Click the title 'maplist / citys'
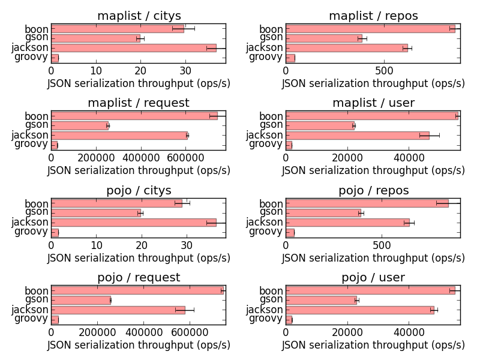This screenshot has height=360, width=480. click(x=139, y=16)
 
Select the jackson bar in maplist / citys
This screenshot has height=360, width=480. click(x=134, y=47)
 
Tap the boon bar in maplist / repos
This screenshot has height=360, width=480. click(x=370, y=28)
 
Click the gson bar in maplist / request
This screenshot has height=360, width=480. click(x=80, y=125)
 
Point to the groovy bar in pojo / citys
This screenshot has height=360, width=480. click(x=55, y=232)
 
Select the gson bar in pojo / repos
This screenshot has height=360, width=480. click(x=323, y=212)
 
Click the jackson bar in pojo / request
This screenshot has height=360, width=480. click(x=118, y=310)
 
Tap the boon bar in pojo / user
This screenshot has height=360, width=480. click(x=370, y=290)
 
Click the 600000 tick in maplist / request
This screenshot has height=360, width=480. click(x=187, y=158)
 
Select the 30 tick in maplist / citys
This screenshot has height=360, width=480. click(x=185, y=71)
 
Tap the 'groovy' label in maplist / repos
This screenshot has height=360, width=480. click(x=266, y=57)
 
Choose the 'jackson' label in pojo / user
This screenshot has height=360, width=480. click(x=264, y=310)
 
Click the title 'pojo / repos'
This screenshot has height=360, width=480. click(x=373, y=191)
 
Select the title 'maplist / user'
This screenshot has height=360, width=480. click(x=373, y=103)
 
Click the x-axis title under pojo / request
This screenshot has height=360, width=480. click(x=139, y=345)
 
